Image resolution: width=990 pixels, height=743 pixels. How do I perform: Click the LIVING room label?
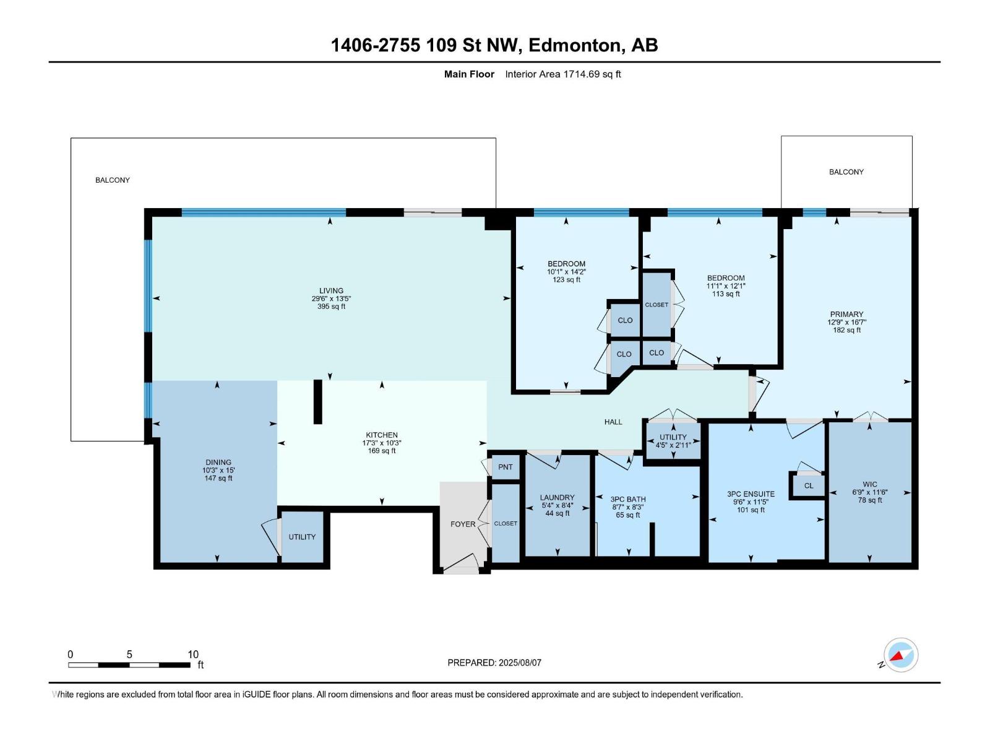point(331,290)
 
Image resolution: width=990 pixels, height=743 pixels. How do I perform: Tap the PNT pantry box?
point(506,467)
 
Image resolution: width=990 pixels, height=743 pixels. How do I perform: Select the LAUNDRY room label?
point(557,497)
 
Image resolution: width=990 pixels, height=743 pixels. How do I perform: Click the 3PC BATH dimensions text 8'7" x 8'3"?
point(627,507)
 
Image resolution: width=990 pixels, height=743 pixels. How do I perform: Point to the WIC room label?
point(869,484)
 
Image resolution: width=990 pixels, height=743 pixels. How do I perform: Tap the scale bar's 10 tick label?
point(193,654)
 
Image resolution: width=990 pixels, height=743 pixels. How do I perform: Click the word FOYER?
point(463,524)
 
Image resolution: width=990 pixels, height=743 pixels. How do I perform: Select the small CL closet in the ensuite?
point(809,485)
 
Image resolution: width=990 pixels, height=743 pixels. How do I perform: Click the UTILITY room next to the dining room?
point(302,537)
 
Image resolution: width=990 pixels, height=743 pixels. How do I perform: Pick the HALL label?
point(613,422)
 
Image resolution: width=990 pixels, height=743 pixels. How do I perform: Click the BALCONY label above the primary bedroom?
point(846,172)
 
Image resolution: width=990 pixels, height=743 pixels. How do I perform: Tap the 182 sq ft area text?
point(846,330)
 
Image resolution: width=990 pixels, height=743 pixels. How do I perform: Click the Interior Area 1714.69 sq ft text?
point(562,74)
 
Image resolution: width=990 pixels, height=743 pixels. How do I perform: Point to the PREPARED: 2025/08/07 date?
point(494,663)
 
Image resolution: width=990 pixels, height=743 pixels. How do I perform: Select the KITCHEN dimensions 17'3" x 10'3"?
point(382,443)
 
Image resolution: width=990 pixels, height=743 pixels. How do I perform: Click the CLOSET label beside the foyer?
point(506,523)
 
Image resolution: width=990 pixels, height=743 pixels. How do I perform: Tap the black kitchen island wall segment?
point(317,402)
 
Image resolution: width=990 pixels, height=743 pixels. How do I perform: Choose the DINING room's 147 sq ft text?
point(218,478)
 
